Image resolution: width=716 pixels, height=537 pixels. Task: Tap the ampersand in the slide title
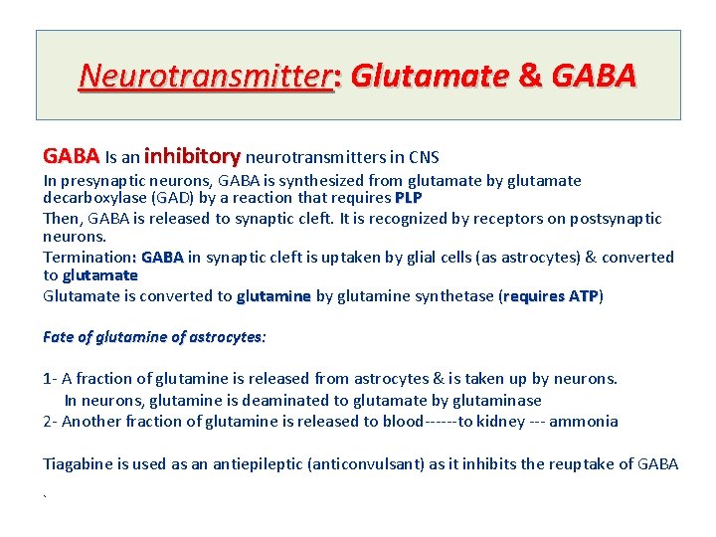click(x=527, y=76)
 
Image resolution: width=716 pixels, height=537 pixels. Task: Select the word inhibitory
click(x=192, y=156)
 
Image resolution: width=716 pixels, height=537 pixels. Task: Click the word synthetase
click(x=452, y=296)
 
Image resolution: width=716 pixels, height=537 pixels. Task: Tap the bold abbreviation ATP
click(x=584, y=296)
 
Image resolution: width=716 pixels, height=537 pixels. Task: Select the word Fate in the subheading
click(x=59, y=337)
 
